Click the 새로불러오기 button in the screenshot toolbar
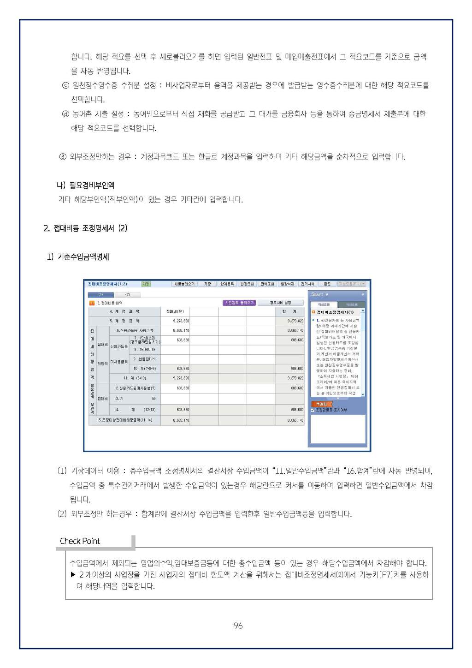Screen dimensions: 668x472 (184, 284)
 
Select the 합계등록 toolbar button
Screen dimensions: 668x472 (227, 284)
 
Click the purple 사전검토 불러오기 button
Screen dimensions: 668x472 (239, 303)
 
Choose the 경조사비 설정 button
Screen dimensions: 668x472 (280, 303)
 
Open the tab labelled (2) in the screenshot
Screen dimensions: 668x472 (127, 294)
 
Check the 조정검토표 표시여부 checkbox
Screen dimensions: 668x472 (313, 410)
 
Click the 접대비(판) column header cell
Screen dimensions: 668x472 (175, 311)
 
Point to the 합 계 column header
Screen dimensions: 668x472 (289, 311)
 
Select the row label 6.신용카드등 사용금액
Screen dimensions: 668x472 (135, 330)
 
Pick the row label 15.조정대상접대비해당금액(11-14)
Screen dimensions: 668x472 (124, 420)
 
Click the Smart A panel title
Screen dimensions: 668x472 (320, 294)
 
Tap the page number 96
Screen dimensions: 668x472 (238, 626)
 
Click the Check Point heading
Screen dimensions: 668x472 (80, 541)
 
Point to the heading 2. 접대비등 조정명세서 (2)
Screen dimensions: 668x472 (85, 228)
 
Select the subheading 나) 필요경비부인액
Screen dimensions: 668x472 (85, 185)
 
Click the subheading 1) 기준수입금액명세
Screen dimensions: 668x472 (78, 257)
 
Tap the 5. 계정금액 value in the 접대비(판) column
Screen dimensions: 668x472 (181, 321)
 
